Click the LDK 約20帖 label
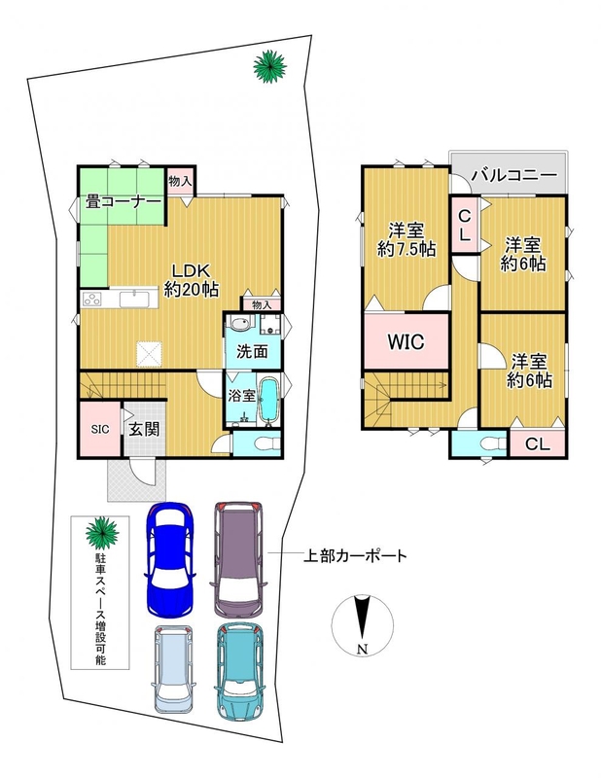tap(192, 280)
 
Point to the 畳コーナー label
tap(124, 202)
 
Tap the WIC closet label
tap(406, 341)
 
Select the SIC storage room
tap(100, 429)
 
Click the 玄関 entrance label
tap(145, 429)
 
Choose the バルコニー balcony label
tap(514, 175)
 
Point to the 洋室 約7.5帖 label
tap(407, 239)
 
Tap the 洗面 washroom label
tap(252, 351)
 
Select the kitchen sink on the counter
tap(133, 300)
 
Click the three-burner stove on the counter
tap(93, 300)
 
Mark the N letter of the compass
tap(363, 649)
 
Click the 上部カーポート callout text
tap(355, 555)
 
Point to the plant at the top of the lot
tap(270, 66)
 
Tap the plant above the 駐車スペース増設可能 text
tap(102, 532)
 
